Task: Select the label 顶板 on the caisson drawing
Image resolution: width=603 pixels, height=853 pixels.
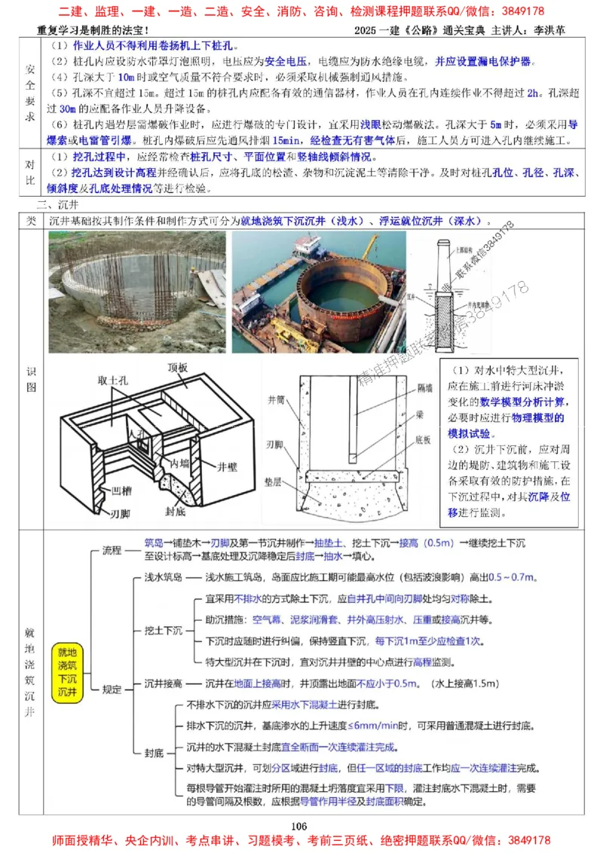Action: pos(182,368)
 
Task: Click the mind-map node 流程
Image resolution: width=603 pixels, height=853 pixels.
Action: pos(112,550)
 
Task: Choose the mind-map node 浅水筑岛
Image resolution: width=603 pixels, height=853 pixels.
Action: pos(164,578)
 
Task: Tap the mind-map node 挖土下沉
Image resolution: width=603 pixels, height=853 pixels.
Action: pos(164,631)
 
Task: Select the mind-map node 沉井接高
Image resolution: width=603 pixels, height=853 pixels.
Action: pos(164,684)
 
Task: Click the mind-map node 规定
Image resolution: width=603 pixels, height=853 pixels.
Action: pos(112,689)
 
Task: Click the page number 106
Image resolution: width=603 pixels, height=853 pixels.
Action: pos(299,827)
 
